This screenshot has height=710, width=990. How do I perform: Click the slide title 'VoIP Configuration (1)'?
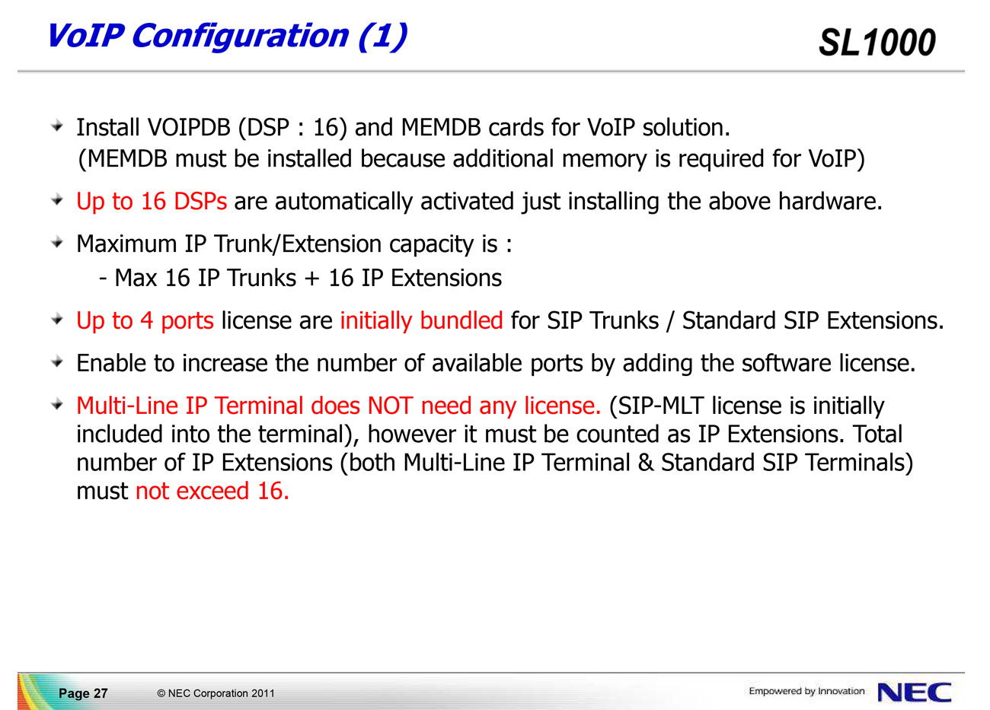point(227,37)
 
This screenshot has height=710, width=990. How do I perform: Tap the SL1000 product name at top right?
point(877,43)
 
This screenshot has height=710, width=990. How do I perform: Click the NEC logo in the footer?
point(914,692)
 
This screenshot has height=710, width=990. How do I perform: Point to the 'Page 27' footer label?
point(83,693)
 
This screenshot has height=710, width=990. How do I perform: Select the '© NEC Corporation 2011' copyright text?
point(216,693)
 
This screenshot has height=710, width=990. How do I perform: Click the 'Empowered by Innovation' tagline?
point(806,691)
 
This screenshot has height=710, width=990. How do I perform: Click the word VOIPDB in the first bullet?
point(189,128)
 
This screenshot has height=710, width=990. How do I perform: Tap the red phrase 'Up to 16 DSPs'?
point(152,202)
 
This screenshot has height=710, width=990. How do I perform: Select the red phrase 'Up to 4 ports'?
point(145,320)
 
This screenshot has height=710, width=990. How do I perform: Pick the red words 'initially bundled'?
point(421,320)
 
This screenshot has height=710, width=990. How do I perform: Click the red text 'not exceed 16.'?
point(212,491)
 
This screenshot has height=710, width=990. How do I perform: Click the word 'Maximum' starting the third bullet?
point(126,244)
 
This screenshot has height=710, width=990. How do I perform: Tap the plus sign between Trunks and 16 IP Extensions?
point(312,279)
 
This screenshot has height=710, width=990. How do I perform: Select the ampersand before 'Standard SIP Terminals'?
point(645,463)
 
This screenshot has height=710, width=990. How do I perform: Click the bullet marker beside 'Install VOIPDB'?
point(57,127)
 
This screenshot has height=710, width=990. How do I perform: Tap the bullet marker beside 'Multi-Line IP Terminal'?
point(57,404)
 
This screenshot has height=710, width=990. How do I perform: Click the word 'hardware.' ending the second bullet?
point(830,202)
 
